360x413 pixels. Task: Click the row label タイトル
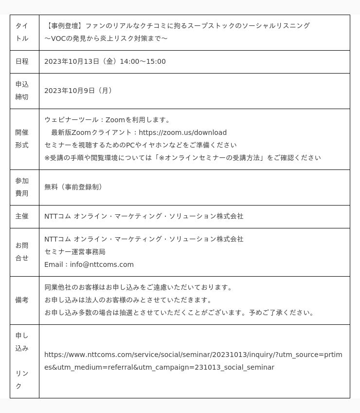click(22, 32)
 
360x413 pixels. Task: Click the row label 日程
click(22, 61)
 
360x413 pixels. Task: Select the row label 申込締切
click(22, 91)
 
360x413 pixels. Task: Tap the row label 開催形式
click(22, 139)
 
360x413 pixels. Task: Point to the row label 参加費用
click(22, 187)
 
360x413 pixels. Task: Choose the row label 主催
click(22, 216)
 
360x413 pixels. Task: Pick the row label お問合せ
click(22, 252)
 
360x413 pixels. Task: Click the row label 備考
click(22, 300)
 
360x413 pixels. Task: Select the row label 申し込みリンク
click(22, 361)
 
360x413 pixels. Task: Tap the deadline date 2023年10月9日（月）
click(78, 91)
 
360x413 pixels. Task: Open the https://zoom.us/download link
click(182, 132)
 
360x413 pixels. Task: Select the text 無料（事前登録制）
click(73, 187)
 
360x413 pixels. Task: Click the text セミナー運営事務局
click(75, 252)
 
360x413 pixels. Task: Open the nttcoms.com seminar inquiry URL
click(193, 361)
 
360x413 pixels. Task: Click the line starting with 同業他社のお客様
click(139, 287)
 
